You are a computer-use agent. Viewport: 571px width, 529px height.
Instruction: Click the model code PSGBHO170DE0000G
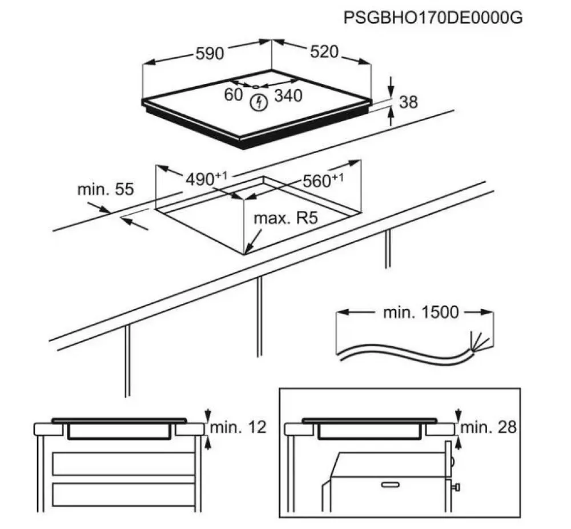(433, 17)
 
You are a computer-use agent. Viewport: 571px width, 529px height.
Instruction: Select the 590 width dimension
(210, 54)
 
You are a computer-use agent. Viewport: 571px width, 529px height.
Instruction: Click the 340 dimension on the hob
(288, 96)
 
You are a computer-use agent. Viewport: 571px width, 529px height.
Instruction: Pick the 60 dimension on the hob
(233, 95)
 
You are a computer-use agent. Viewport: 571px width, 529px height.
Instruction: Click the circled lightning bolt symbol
(259, 103)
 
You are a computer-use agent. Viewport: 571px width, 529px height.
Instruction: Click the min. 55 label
(106, 189)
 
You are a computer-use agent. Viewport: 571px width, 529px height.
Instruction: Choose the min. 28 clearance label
(488, 427)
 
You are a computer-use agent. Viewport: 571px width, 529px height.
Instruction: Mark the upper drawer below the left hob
(123, 463)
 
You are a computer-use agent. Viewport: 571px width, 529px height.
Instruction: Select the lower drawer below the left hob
(123, 493)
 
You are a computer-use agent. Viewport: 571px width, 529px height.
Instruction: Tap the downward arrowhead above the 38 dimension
(391, 90)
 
